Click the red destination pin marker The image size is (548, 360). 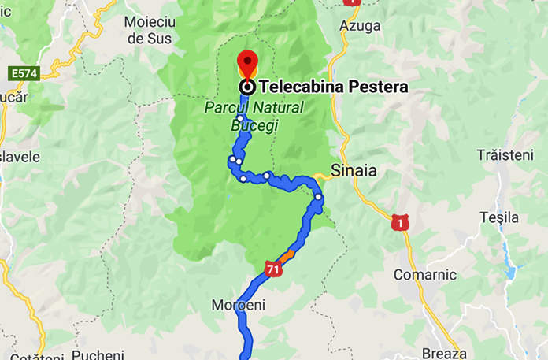247,61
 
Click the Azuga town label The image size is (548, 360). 361,26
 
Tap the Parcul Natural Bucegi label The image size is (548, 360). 254,116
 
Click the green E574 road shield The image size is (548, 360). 24,73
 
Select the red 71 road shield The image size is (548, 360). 273,269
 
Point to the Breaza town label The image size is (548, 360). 444,352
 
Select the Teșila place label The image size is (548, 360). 499,217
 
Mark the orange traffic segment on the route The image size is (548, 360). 288,254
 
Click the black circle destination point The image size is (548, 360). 247,87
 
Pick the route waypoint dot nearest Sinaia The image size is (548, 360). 318,197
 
